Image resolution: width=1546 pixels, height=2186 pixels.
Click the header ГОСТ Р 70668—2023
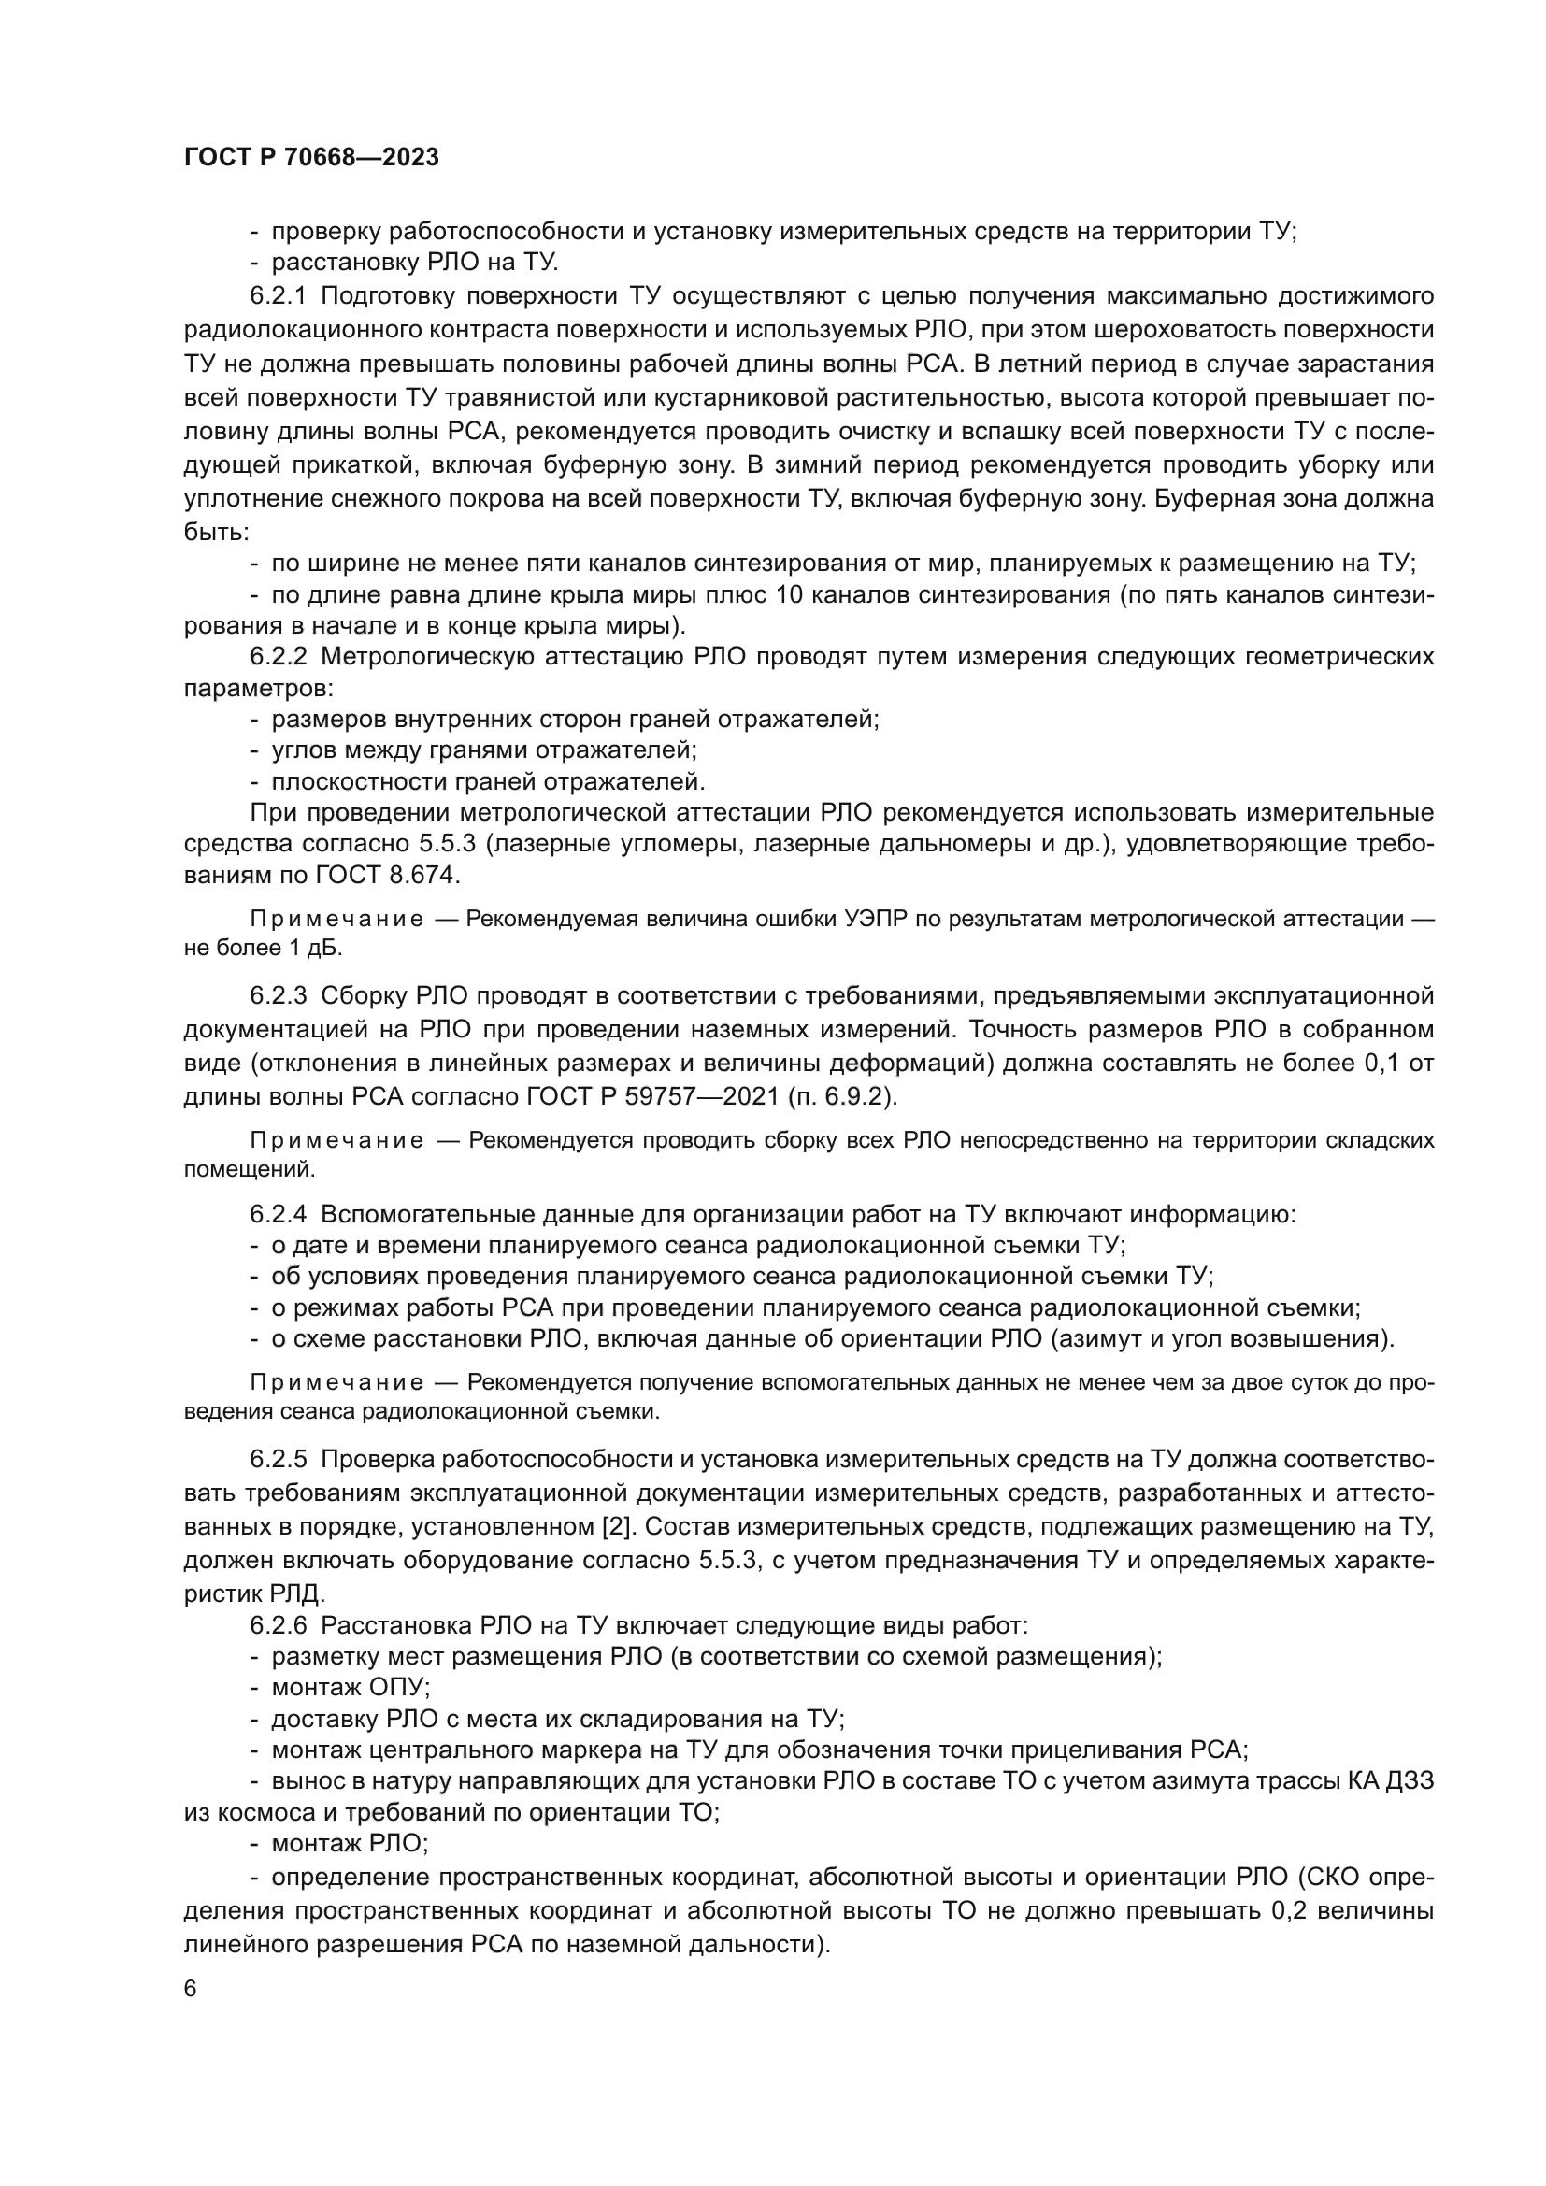point(311,157)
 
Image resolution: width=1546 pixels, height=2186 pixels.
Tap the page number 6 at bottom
point(190,2017)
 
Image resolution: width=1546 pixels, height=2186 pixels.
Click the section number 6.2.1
point(278,296)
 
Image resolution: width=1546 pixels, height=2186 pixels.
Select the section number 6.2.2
point(278,657)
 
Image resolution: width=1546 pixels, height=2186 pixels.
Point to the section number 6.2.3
point(278,997)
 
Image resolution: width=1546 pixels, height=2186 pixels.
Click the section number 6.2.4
point(278,1215)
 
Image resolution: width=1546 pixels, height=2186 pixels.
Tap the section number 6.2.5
point(278,1460)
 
